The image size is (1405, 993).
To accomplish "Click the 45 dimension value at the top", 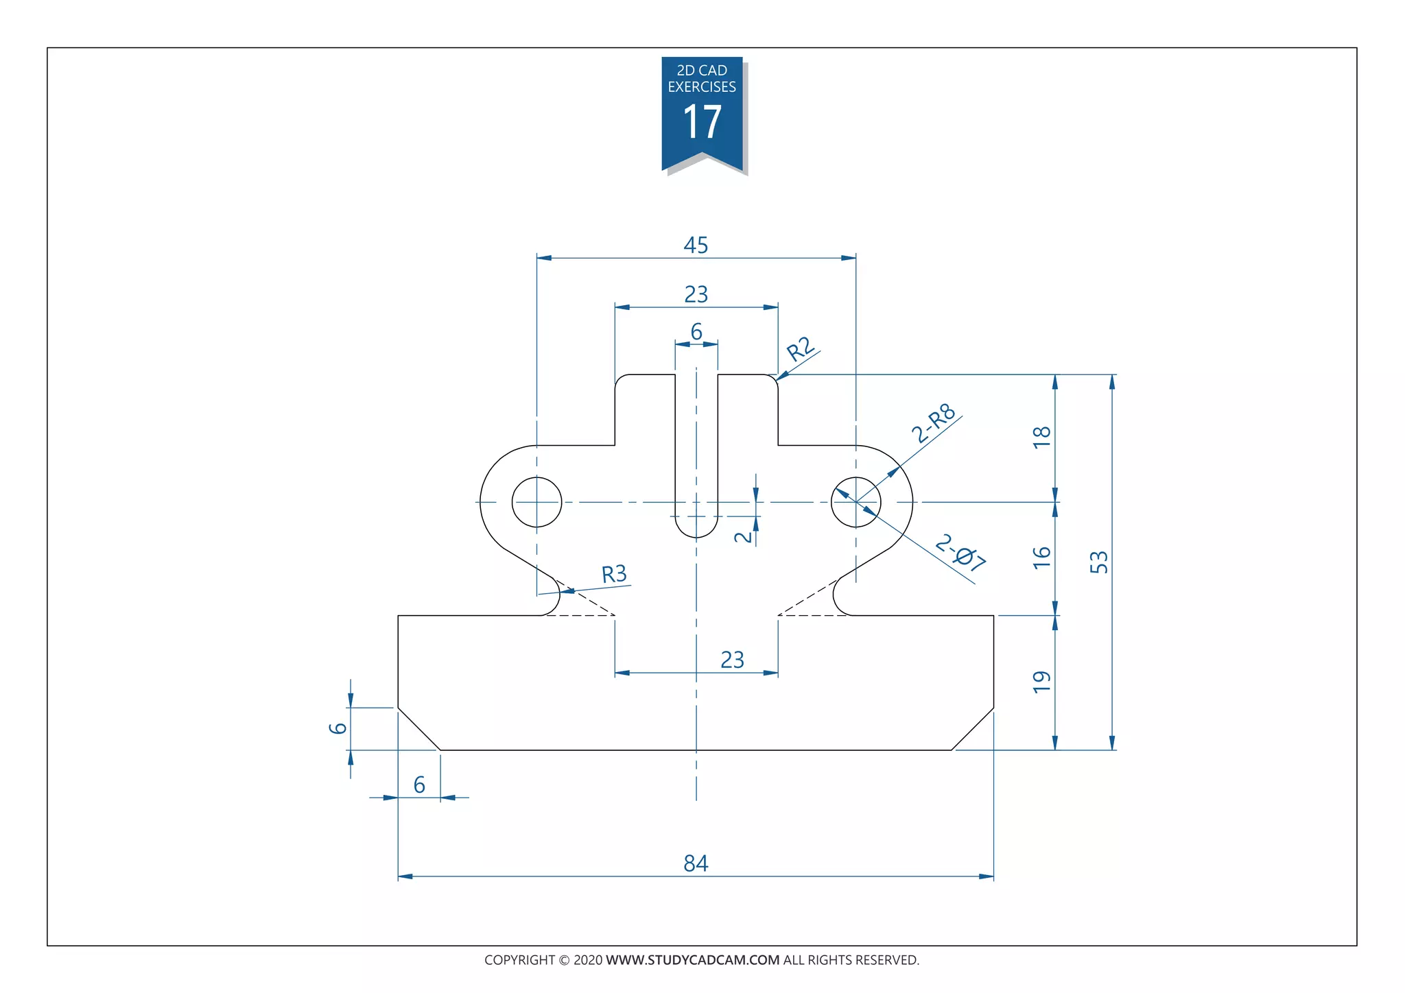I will pyautogui.click(x=696, y=246).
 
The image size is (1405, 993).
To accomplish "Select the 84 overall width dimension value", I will pyautogui.click(x=696, y=863).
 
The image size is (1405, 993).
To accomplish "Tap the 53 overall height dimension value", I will pyautogui.click(x=1099, y=562).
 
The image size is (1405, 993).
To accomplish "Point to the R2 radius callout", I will pyautogui.click(x=801, y=350).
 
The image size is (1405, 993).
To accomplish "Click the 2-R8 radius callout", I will pyautogui.click(x=934, y=424).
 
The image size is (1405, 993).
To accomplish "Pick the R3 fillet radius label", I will pyautogui.click(x=614, y=574).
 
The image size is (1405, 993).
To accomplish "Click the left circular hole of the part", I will pyautogui.click(x=536, y=502).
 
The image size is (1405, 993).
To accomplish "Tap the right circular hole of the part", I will pyautogui.click(x=855, y=502).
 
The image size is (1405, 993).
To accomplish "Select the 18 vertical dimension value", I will pyautogui.click(x=1042, y=437).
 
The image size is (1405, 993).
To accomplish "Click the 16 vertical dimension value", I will pyautogui.click(x=1042, y=557).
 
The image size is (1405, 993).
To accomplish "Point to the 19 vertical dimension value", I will pyautogui.click(x=1042, y=682).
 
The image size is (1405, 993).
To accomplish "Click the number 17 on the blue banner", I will pyautogui.click(x=702, y=123).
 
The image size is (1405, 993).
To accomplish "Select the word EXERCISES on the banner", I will pyautogui.click(x=702, y=87).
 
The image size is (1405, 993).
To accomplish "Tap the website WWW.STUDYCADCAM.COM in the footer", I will pyautogui.click(x=692, y=960).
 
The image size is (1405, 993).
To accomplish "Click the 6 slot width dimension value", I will pyautogui.click(x=696, y=332).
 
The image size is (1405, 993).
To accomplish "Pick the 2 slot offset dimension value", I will pyautogui.click(x=744, y=536).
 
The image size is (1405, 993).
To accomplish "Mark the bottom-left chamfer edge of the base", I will pyautogui.click(x=419, y=729).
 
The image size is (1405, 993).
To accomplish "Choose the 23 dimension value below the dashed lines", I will pyautogui.click(x=732, y=660).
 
